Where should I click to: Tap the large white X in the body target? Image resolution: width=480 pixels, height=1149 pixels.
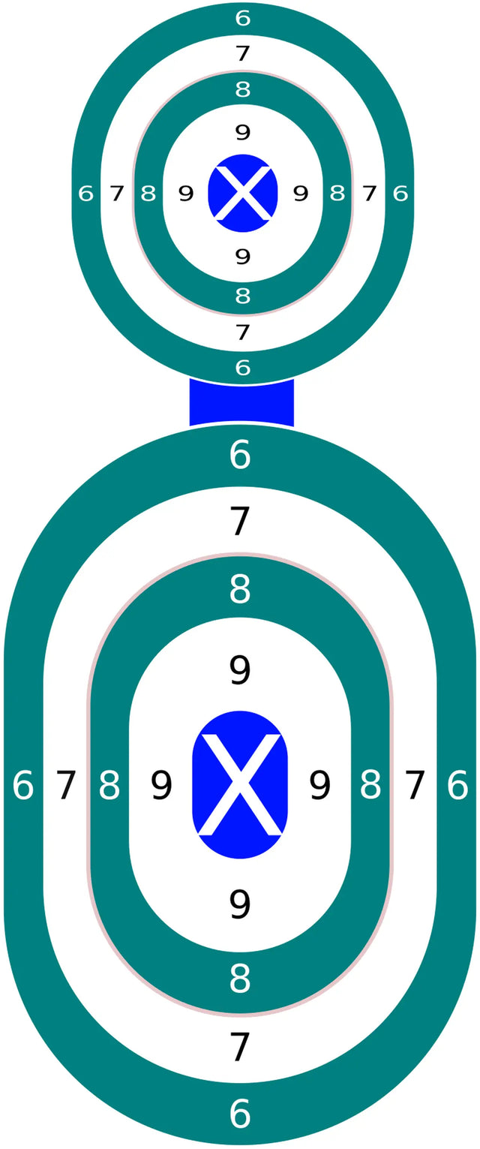point(240,784)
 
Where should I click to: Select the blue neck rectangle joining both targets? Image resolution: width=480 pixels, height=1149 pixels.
point(241,403)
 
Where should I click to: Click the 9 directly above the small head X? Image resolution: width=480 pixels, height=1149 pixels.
point(242,132)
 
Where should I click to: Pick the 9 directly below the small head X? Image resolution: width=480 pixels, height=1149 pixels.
point(242,256)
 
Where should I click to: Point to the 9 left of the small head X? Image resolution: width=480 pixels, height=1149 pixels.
point(186,194)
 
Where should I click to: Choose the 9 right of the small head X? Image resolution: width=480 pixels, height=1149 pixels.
point(301,194)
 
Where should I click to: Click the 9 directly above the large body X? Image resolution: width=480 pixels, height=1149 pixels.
point(239,670)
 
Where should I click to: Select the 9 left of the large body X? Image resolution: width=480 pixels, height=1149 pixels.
point(161,785)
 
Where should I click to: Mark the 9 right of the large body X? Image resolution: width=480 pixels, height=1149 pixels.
point(319,785)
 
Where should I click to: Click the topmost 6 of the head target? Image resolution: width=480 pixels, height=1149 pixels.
point(242,19)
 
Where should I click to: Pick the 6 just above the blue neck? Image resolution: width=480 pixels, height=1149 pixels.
point(242,367)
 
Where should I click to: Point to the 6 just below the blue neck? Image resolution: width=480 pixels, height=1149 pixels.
point(240,454)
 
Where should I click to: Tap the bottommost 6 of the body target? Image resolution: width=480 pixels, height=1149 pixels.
point(240,1113)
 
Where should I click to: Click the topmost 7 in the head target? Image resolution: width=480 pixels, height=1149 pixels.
point(242,53)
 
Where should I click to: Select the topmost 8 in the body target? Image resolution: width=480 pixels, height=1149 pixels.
point(240,589)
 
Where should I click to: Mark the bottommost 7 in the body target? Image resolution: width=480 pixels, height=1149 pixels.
point(240,1047)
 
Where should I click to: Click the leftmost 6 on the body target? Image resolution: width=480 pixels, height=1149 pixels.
point(23,785)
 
